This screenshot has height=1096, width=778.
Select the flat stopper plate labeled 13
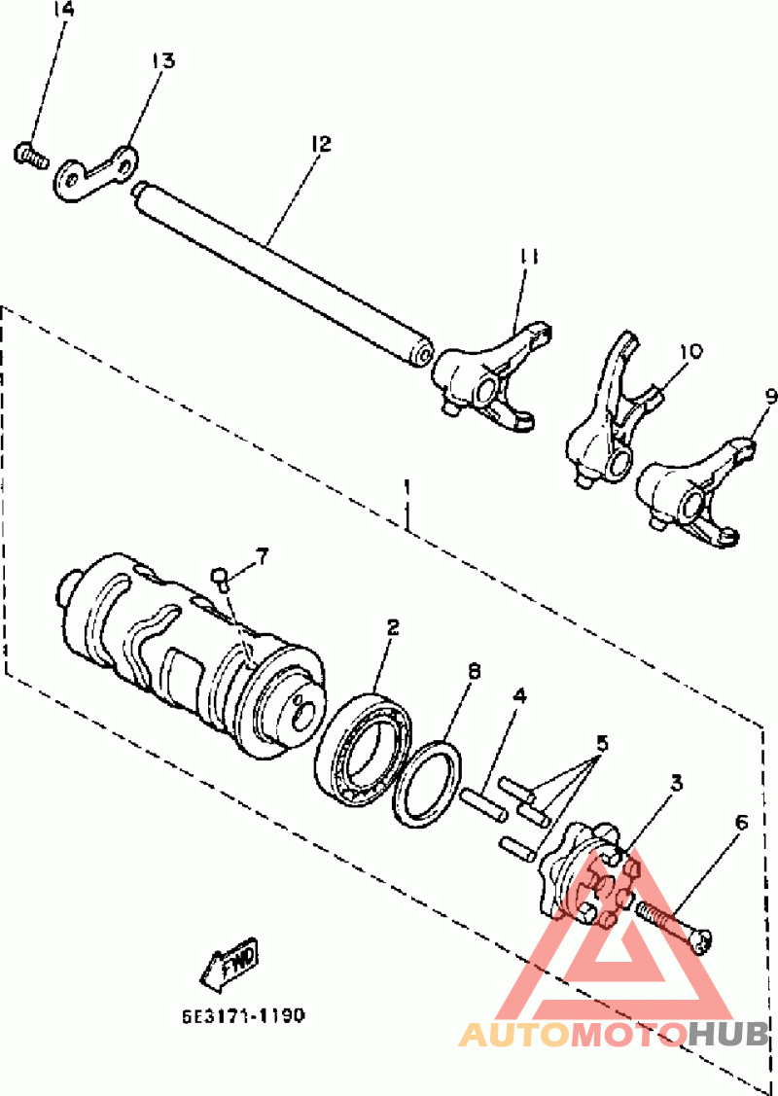(x=95, y=173)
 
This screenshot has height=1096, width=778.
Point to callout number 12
(x=321, y=144)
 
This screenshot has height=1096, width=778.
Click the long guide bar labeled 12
(x=283, y=272)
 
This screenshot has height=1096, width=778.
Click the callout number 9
(x=769, y=397)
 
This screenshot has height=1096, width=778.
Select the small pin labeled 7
(x=221, y=578)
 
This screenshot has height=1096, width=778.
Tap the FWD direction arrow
(x=229, y=963)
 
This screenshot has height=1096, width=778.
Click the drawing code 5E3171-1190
(x=243, y=1015)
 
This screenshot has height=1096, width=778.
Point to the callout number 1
(x=407, y=484)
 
